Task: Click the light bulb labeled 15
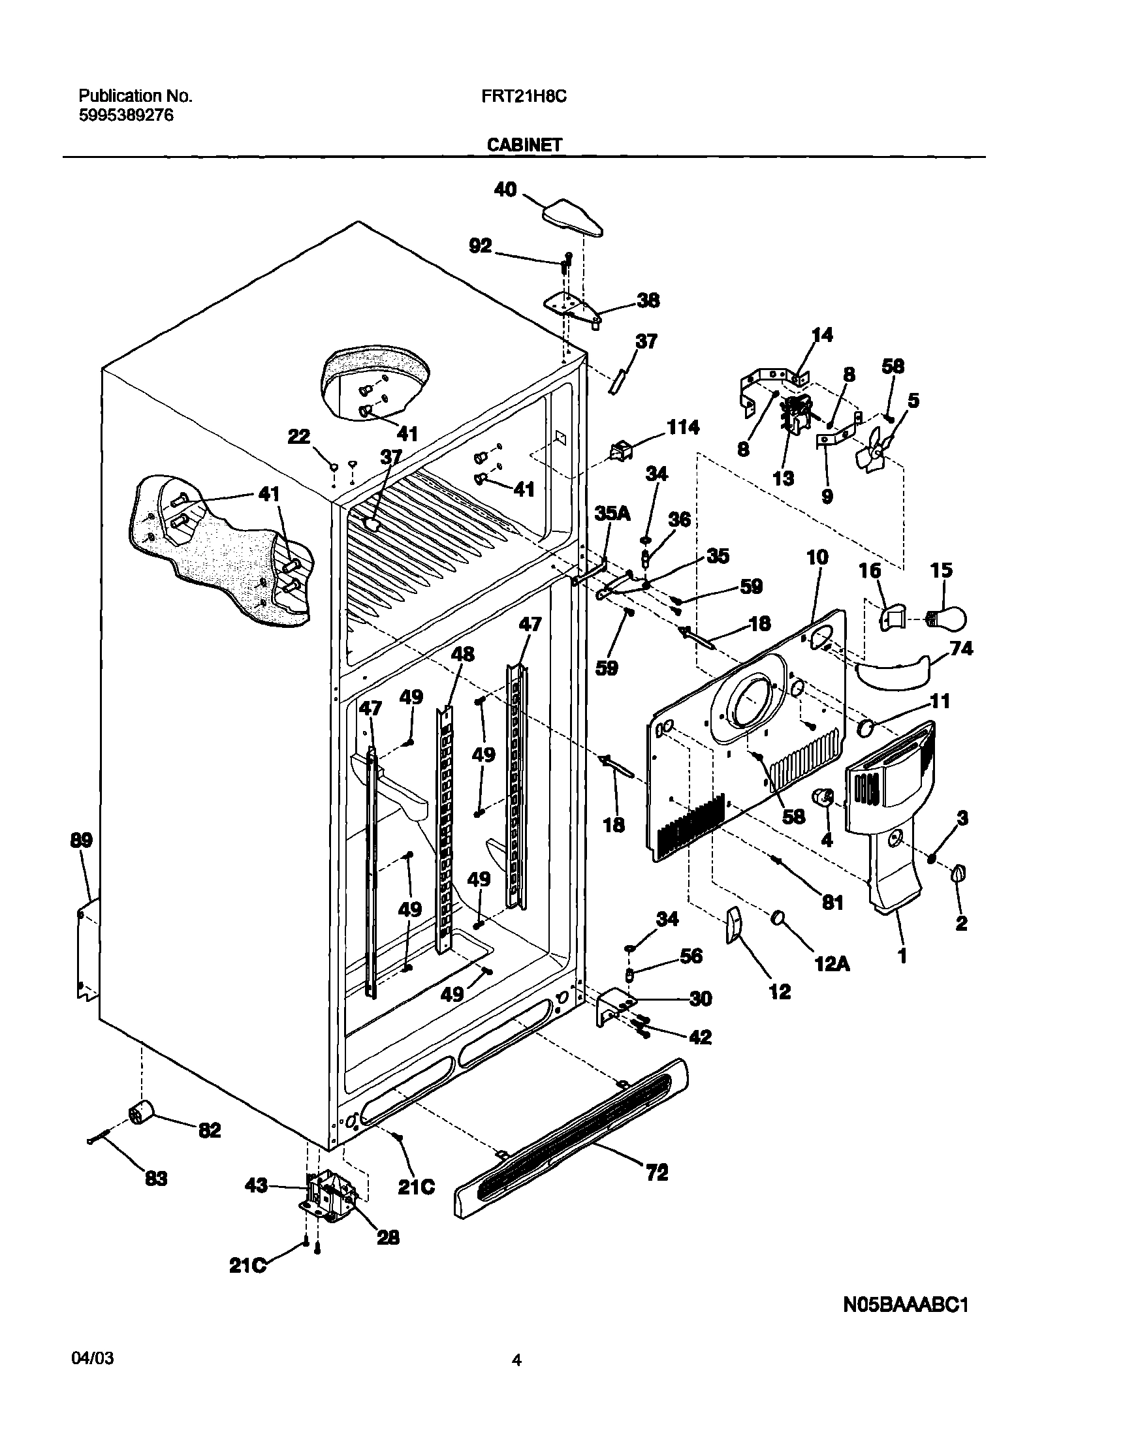coord(948,618)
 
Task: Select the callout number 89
coord(82,840)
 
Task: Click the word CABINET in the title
coord(524,145)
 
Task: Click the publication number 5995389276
coord(126,116)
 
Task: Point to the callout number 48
coord(462,654)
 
